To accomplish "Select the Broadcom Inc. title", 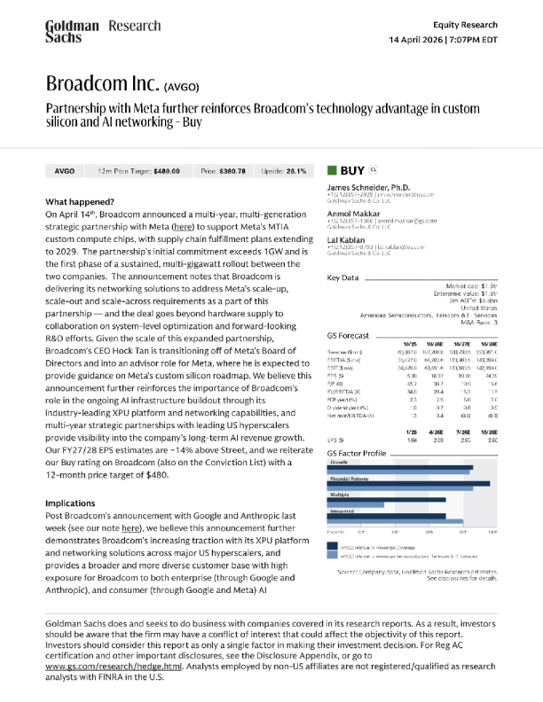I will [102, 86].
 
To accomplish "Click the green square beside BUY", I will [332, 169].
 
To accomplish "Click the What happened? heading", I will [79, 202].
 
